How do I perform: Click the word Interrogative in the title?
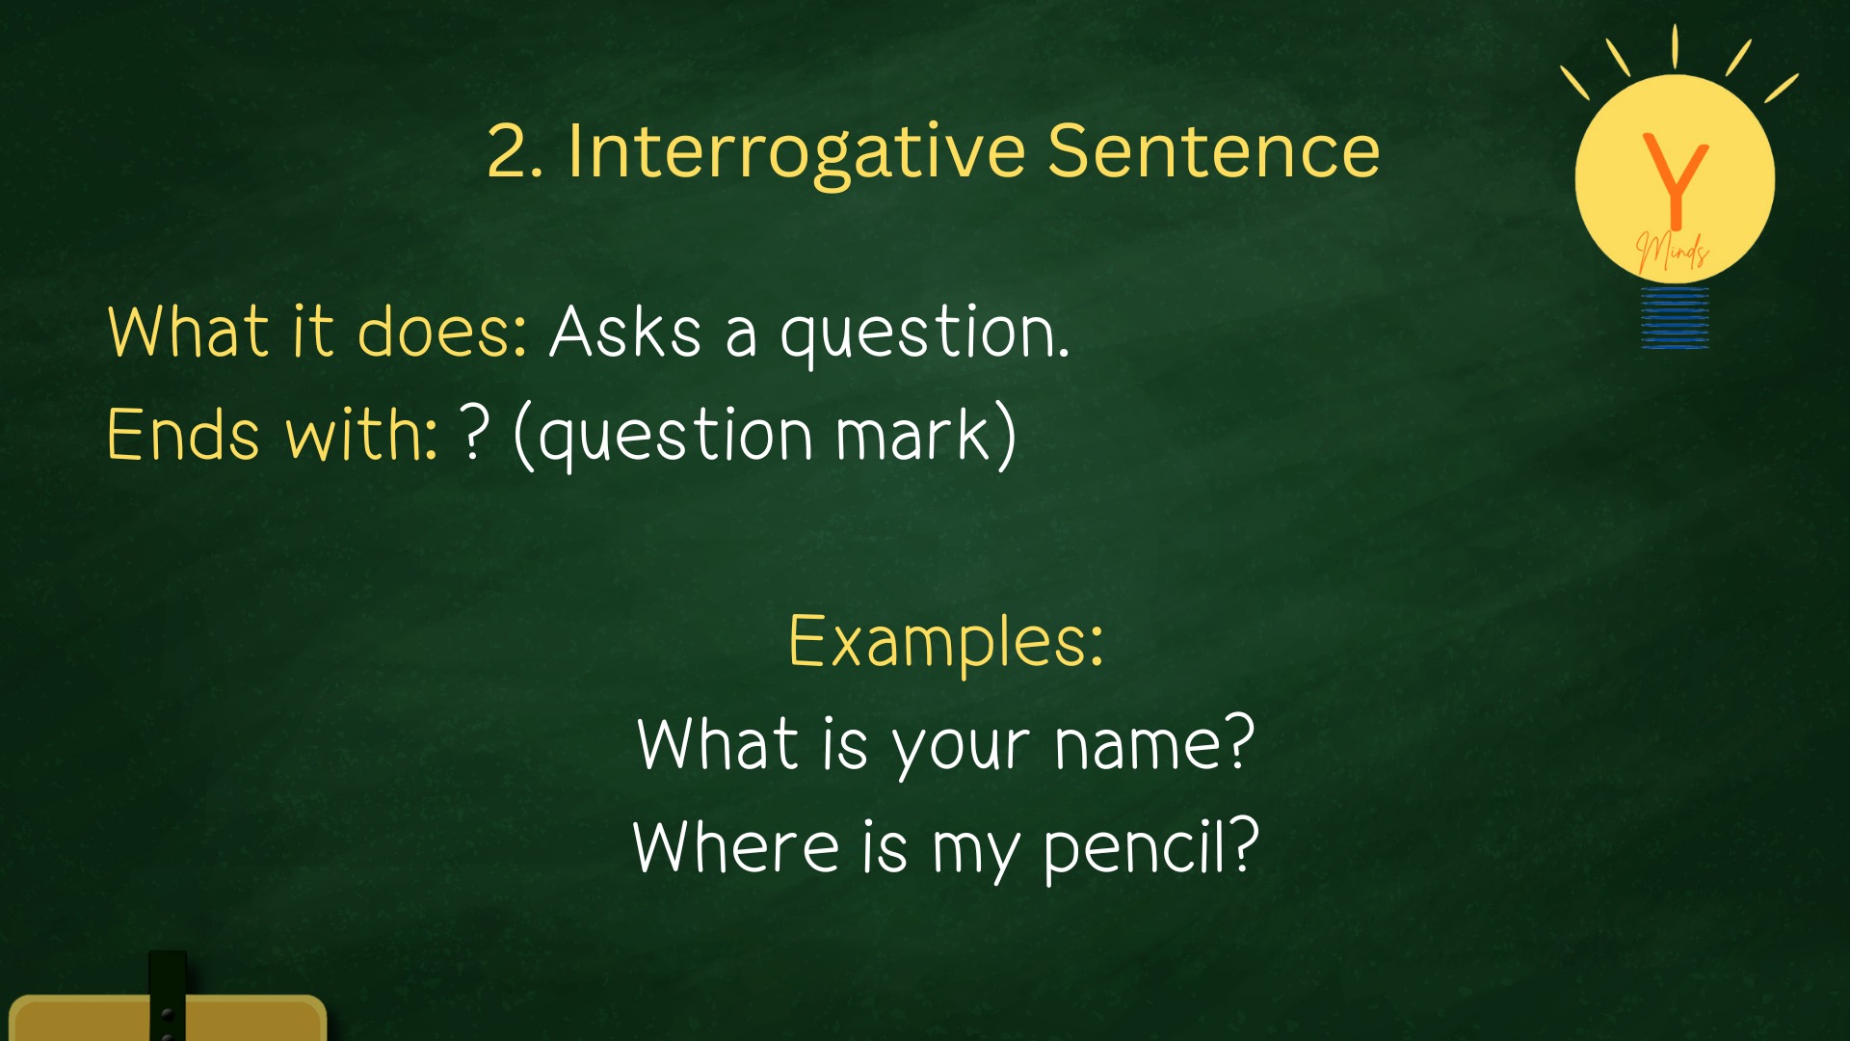pyautogui.click(x=797, y=152)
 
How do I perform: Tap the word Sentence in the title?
pyautogui.click(x=1214, y=151)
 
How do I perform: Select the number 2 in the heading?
pyautogui.click(x=508, y=151)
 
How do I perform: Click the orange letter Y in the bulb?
pyautogui.click(x=1676, y=178)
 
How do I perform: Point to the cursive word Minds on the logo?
pyautogui.click(x=1673, y=252)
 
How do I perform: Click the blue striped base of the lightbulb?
pyautogui.click(x=1676, y=317)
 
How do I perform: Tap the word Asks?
pyautogui.click(x=625, y=332)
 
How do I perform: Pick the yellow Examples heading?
pyautogui.click(x=945, y=640)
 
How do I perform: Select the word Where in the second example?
pyautogui.click(x=735, y=846)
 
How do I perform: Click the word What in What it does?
pyautogui.click(x=188, y=332)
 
